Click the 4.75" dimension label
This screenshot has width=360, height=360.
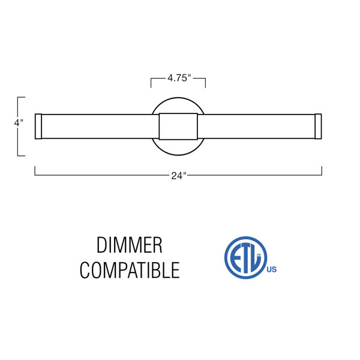click(x=179, y=78)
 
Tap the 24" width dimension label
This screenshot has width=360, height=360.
click(x=179, y=176)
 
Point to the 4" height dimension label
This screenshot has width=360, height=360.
click(x=19, y=123)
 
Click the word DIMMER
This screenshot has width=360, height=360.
click(x=129, y=245)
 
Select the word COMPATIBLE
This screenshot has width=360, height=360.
click(x=130, y=270)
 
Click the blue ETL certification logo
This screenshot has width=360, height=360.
click(x=246, y=257)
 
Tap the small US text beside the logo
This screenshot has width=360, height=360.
click(x=272, y=269)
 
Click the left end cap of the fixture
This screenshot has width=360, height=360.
click(x=38, y=126)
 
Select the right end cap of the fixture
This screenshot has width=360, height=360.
click(x=318, y=126)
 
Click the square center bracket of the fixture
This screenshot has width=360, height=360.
click(x=178, y=126)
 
